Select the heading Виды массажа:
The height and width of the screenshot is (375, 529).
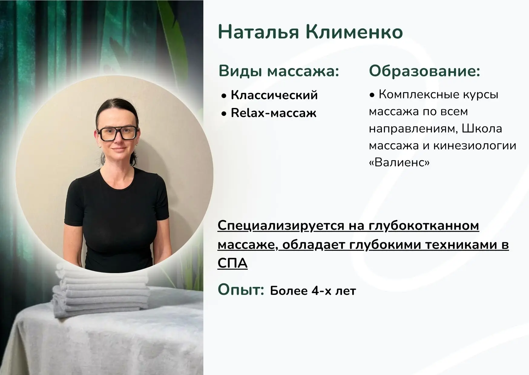[278, 71]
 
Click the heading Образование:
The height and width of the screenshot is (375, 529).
[424, 71]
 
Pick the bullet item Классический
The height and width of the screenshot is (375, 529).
[274, 95]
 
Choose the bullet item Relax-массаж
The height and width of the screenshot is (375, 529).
[274, 113]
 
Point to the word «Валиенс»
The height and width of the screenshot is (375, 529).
[399, 163]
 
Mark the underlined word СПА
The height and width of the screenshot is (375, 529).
[232, 263]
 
